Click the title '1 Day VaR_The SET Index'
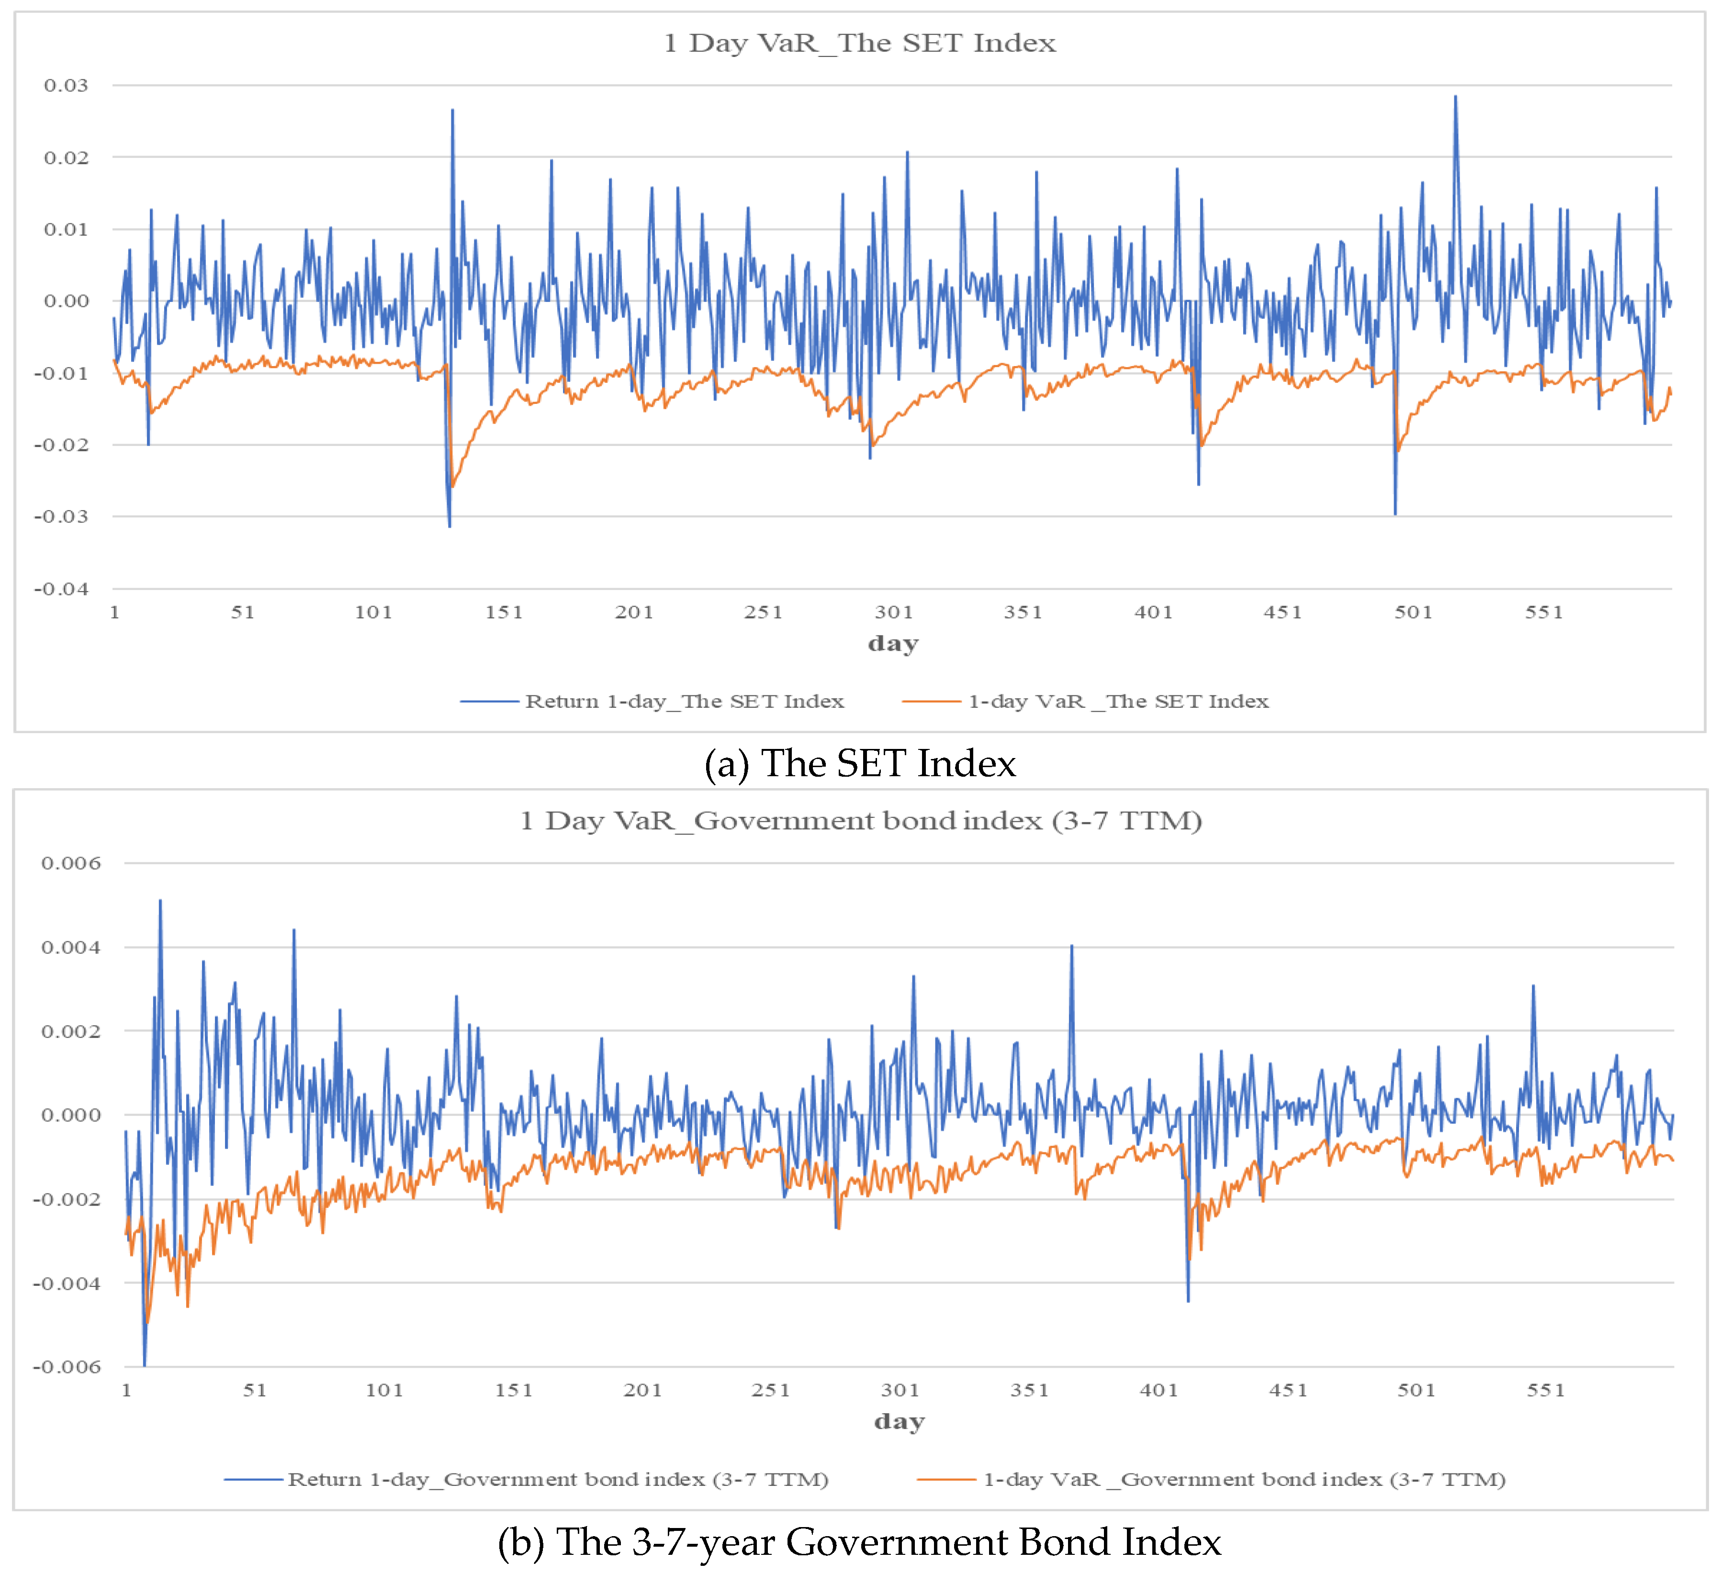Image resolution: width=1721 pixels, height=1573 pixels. (x=860, y=43)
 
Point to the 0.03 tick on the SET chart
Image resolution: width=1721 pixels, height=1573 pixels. (x=67, y=85)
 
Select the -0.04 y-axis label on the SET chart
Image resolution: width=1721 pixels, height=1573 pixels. (x=61, y=589)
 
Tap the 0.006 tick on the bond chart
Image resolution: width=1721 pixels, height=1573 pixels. (x=71, y=863)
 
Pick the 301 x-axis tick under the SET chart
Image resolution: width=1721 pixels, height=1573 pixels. (x=894, y=612)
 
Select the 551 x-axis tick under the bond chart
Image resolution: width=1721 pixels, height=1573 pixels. (x=1545, y=1390)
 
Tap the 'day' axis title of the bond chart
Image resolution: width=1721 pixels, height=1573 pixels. (x=899, y=1421)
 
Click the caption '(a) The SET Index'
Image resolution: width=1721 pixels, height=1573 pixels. (x=860, y=763)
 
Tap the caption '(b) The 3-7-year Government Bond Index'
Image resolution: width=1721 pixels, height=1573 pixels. (x=860, y=1541)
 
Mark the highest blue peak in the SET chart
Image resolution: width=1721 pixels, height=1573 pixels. (x=1455, y=97)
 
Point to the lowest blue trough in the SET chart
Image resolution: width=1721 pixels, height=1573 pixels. (x=450, y=526)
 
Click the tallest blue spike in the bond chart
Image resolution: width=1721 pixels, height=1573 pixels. (x=159, y=901)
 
